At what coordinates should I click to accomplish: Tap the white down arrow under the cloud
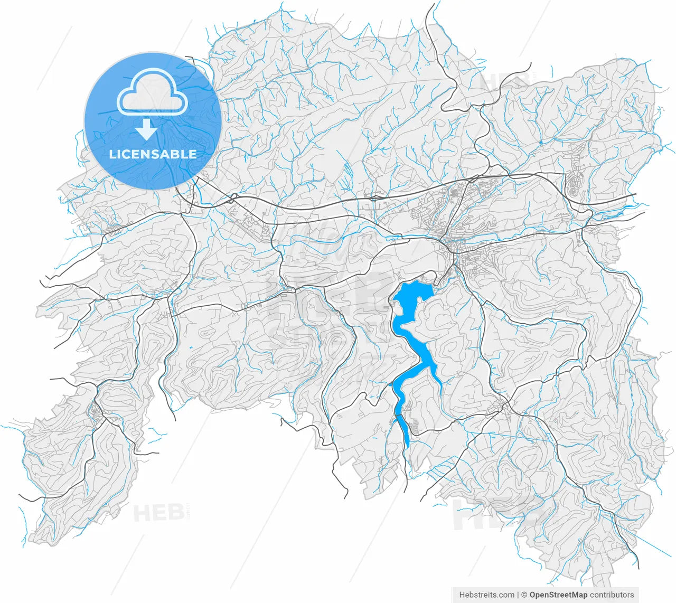point(147,130)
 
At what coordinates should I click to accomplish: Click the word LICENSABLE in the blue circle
point(153,154)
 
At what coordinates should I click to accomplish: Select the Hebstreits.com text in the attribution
point(486,595)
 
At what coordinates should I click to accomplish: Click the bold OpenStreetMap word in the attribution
point(558,595)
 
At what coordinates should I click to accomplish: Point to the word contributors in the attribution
point(612,595)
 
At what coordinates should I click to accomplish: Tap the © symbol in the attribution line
point(524,595)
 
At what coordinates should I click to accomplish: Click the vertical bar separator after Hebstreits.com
point(518,595)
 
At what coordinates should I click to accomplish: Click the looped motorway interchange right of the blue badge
point(232,199)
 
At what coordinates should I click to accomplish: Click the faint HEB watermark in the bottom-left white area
point(158,512)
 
